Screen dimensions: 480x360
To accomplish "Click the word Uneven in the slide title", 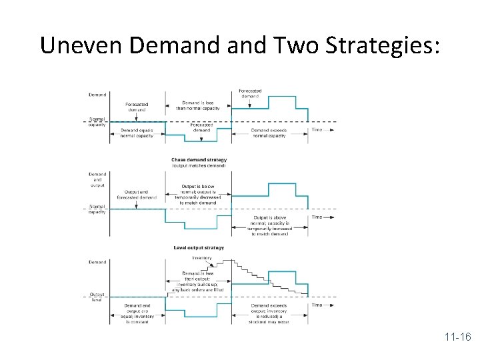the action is tap(81, 45).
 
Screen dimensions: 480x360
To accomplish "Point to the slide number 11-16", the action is tap(455, 337).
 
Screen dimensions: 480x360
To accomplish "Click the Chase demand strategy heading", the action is tap(199, 160).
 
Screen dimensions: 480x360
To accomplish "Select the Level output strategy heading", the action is tap(199, 248).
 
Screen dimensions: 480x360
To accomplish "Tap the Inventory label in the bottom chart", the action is tap(202, 258).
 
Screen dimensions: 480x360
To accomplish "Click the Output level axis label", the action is tap(97, 297).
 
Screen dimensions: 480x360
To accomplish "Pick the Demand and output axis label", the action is tap(97, 180).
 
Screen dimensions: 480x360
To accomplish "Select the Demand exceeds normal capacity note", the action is tap(269, 133).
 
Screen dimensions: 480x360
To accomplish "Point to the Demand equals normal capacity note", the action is tap(137, 133).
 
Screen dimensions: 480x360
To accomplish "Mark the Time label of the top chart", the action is tap(317, 129).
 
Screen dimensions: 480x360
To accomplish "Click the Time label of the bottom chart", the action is tap(317, 305).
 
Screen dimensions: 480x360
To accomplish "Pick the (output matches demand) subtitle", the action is tap(199, 166).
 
